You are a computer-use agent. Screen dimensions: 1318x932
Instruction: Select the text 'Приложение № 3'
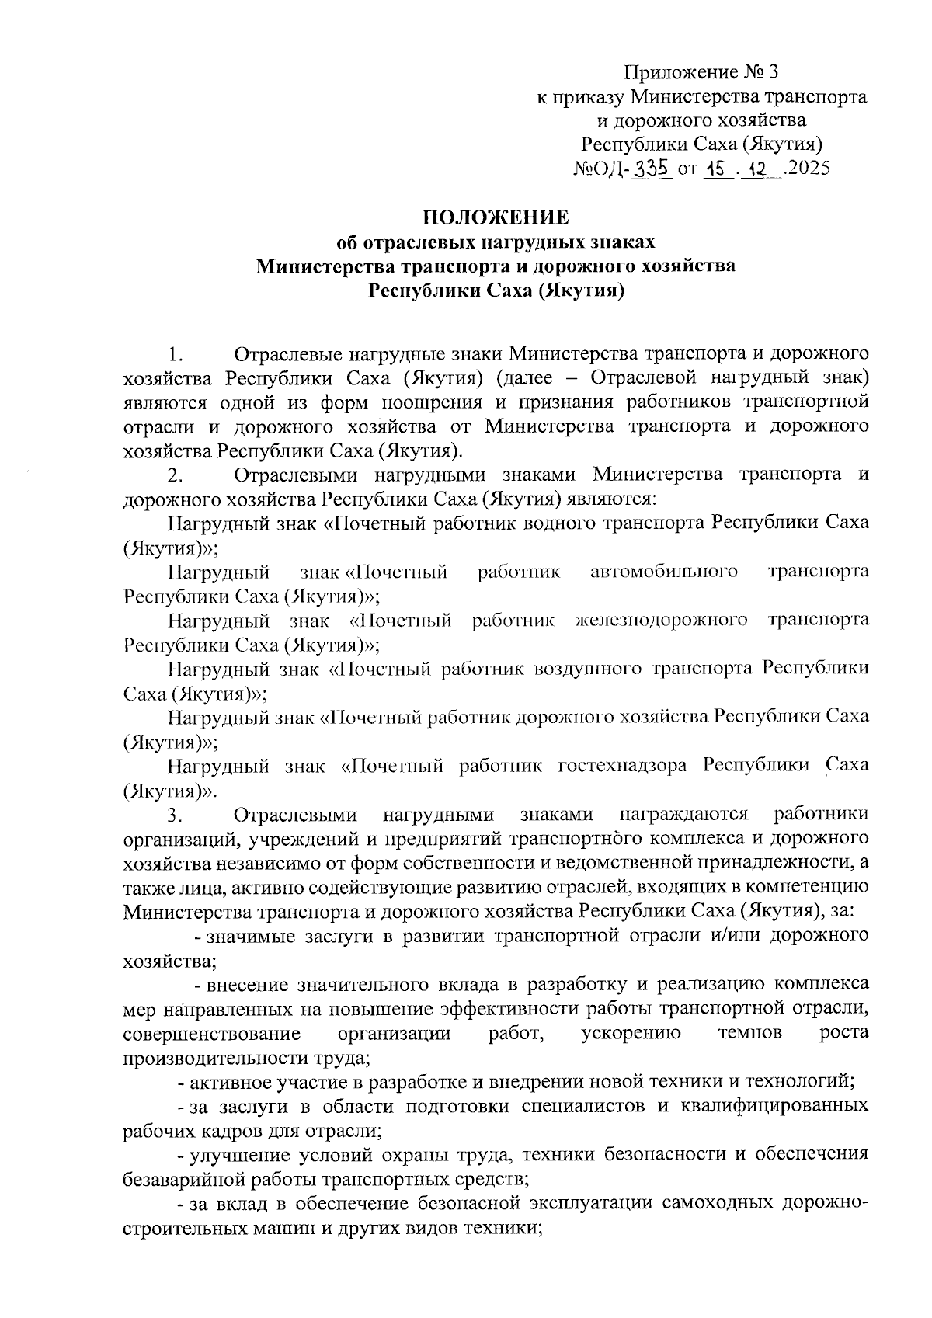click(701, 72)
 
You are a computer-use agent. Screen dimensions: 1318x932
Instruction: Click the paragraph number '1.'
click(176, 354)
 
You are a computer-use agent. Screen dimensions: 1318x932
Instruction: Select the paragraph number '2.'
click(176, 475)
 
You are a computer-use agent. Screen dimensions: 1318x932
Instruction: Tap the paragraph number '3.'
click(176, 815)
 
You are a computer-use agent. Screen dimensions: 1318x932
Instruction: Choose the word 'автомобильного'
click(663, 572)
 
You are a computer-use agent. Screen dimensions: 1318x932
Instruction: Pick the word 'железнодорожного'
click(662, 620)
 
